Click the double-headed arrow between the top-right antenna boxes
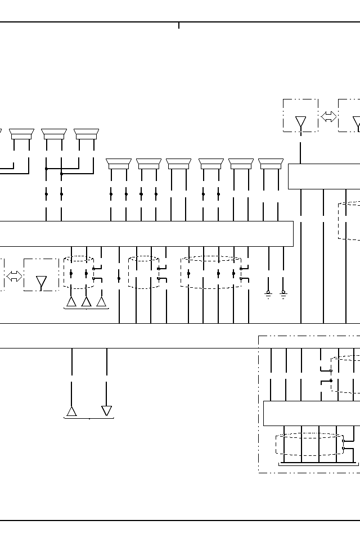(328, 116)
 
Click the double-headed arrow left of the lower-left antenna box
(14, 276)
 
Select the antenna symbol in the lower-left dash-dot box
(41, 282)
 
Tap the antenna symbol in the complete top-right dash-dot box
(301, 122)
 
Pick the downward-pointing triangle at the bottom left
(106, 411)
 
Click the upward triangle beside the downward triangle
(71, 411)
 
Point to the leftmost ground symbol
(268, 294)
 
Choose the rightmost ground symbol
(283, 294)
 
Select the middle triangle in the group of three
(86, 302)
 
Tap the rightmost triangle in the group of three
(101, 302)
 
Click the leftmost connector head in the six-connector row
(119, 164)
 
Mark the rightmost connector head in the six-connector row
(271, 164)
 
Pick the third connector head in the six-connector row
(178, 164)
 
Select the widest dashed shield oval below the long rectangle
(211, 273)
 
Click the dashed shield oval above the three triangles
(79, 273)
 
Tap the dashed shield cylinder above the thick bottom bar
(309, 444)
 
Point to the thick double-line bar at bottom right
(318, 464)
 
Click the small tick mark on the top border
(179, 25)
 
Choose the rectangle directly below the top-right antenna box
(324, 177)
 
